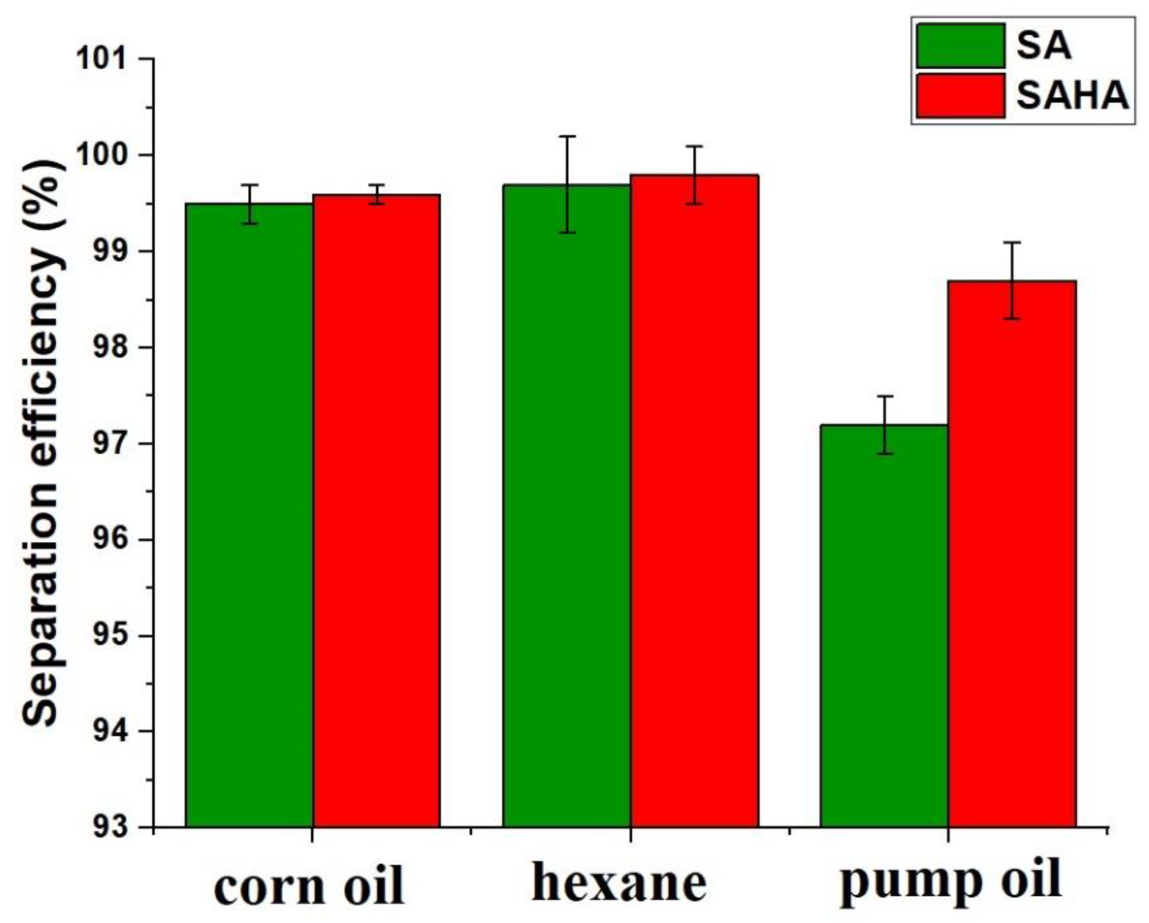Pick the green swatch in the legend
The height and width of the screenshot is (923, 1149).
point(960,46)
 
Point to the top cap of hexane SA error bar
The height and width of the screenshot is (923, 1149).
point(567,136)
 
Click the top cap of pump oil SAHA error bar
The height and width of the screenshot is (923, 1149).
point(1011,242)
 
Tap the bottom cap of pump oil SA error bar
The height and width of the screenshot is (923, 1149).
point(884,454)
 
